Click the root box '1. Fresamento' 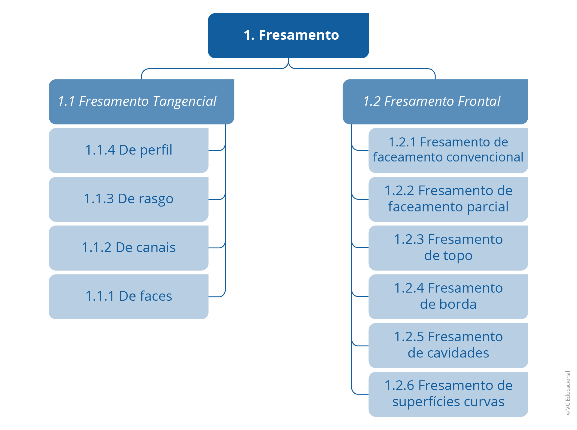click(x=288, y=35)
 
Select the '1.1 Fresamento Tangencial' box click(x=142, y=102)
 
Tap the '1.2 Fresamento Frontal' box click(x=435, y=102)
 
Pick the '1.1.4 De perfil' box click(x=129, y=150)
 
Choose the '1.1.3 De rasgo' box click(x=129, y=199)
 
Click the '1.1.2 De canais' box click(x=129, y=248)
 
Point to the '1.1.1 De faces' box click(x=129, y=296)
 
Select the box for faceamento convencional click(x=448, y=150)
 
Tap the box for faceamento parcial click(x=448, y=199)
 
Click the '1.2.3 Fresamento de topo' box click(x=448, y=248)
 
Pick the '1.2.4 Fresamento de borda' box click(x=448, y=296)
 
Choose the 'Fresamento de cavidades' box click(x=448, y=345)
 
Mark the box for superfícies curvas click(x=448, y=394)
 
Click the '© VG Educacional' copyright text click(x=568, y=393)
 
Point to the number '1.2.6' click(x=399, y=385)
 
